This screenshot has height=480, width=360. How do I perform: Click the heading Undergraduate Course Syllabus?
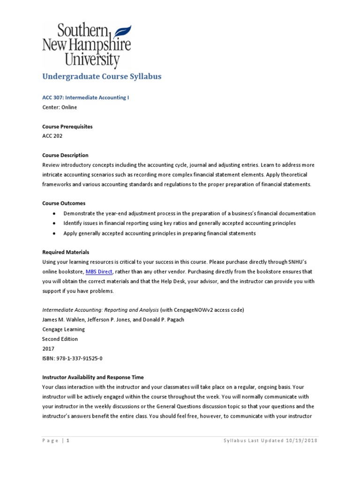(102, 76)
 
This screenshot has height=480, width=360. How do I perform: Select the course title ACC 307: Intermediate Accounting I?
(85, 97)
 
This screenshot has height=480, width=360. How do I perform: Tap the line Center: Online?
(60, 107)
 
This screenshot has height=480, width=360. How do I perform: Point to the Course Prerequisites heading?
(67, 127)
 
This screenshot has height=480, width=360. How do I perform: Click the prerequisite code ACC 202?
(52, 136)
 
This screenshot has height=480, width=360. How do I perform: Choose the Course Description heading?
(65, 155)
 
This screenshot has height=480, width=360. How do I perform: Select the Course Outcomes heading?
(64, 203)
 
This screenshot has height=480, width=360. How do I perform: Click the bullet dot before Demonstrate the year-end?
(54, 214)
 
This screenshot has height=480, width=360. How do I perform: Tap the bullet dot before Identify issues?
(54, 224)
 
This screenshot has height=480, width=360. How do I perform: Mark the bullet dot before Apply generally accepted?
(54, 233)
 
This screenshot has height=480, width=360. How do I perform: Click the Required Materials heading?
(66, 252)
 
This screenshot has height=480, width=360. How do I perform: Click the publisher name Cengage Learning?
(63, 330)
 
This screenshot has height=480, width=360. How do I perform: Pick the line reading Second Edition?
(60, 339)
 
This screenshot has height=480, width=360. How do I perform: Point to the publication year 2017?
(48, 349)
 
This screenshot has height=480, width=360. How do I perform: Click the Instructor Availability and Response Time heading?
(93, 377)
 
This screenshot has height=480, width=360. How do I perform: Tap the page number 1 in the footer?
(68, 441)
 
